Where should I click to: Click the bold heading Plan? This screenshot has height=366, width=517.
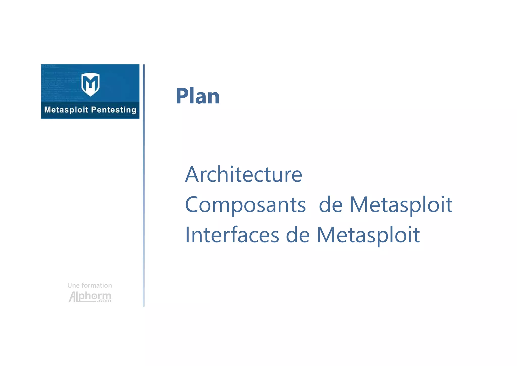coord(198,96)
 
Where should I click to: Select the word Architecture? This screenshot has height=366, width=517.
coord(244,174)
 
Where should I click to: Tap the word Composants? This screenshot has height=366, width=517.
coord(245,205)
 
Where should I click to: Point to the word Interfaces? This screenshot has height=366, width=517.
coord(232,235)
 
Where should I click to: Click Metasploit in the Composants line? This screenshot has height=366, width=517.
coord(401,205)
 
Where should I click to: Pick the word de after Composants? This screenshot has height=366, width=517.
coord(331,205)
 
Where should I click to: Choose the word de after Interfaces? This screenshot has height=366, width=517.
coord(298,235)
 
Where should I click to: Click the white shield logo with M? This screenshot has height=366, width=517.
coord(90,84)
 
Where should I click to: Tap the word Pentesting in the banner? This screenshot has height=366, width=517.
coord(114,110)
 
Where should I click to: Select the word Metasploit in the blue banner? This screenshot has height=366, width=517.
coord(66,110)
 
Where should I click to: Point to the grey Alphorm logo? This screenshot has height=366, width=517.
coord(90,297)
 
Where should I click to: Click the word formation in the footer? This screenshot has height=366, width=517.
coord(97,285)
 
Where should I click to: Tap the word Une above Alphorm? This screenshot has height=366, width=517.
coord(73,285)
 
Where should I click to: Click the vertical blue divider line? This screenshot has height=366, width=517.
coord(144,186)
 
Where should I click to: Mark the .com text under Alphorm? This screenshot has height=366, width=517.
coord(104,301)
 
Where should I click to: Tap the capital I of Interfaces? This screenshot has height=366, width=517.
coord(187,235)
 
